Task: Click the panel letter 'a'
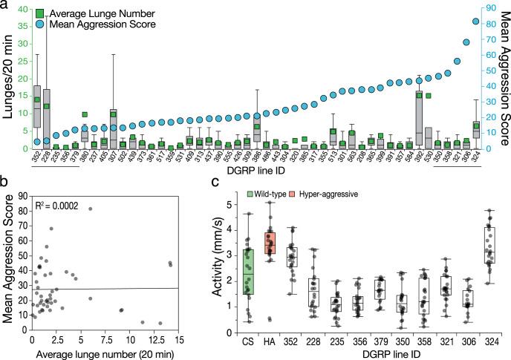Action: [x=5, y=6]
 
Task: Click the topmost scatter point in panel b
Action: [x=90, y=209]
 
